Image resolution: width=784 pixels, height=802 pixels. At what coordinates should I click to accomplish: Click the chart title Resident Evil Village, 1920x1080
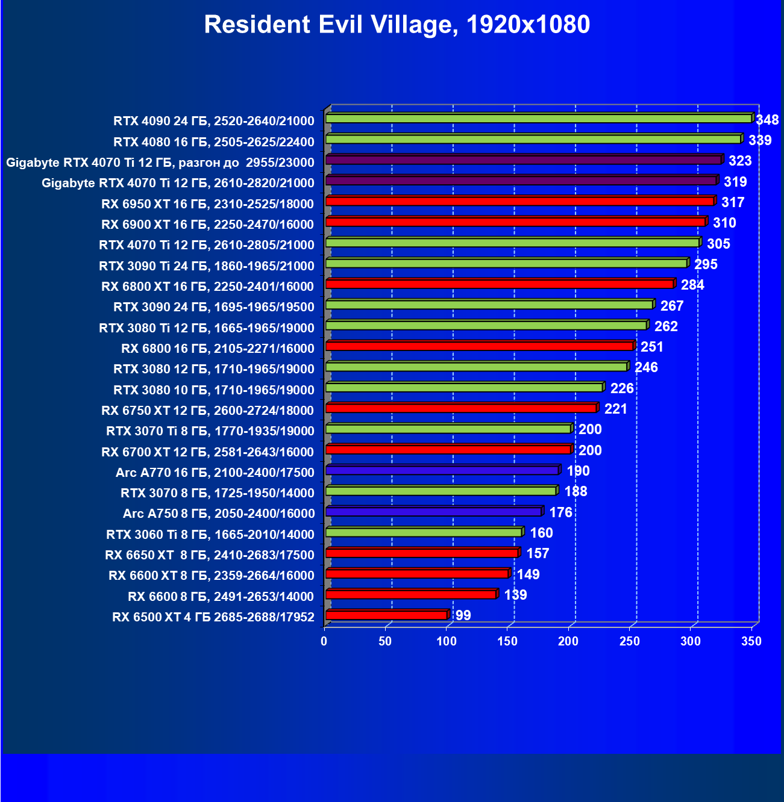tap(397, 25)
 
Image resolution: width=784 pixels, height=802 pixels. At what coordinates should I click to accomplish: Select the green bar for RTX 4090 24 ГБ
tap(538, 119)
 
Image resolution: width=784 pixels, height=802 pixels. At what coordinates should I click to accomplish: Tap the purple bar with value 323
tap(523, 160)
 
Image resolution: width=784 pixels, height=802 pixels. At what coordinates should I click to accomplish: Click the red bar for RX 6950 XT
tap(519, 201)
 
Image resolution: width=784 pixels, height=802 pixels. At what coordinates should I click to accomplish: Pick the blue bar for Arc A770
tap(442, 470)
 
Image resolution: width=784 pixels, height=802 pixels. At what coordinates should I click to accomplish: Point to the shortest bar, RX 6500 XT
tap(386, 615)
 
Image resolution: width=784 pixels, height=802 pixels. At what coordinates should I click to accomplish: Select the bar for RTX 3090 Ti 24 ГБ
tap(506, 263)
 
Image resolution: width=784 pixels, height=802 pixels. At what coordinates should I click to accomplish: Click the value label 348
tap(767, 120)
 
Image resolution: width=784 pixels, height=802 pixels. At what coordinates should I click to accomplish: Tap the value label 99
tap(463, 615)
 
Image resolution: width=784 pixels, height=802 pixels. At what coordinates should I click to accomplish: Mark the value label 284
tap(692, 285)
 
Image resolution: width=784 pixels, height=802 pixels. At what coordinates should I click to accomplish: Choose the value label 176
tap(560, 512)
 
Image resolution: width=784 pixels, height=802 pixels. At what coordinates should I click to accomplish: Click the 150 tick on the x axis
tap(507, 642)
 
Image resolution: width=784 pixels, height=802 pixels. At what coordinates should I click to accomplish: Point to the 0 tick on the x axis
tap(324, 642)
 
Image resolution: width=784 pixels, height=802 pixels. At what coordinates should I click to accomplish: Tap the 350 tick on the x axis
tap(751, 642)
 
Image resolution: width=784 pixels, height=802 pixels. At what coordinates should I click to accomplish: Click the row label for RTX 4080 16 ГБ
tap(214, 142)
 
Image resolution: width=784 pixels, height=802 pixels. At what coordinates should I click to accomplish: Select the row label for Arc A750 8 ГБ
tap(218, 514)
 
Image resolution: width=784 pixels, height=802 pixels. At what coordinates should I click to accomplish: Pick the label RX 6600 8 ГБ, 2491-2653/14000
tap(221, 597)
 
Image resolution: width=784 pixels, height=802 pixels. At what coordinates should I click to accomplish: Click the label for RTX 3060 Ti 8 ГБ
tap(210, 535)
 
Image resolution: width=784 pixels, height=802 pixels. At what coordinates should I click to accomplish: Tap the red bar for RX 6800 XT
tap(500, 284)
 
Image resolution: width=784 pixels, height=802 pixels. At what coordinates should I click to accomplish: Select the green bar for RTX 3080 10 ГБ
tap(464, 387)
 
